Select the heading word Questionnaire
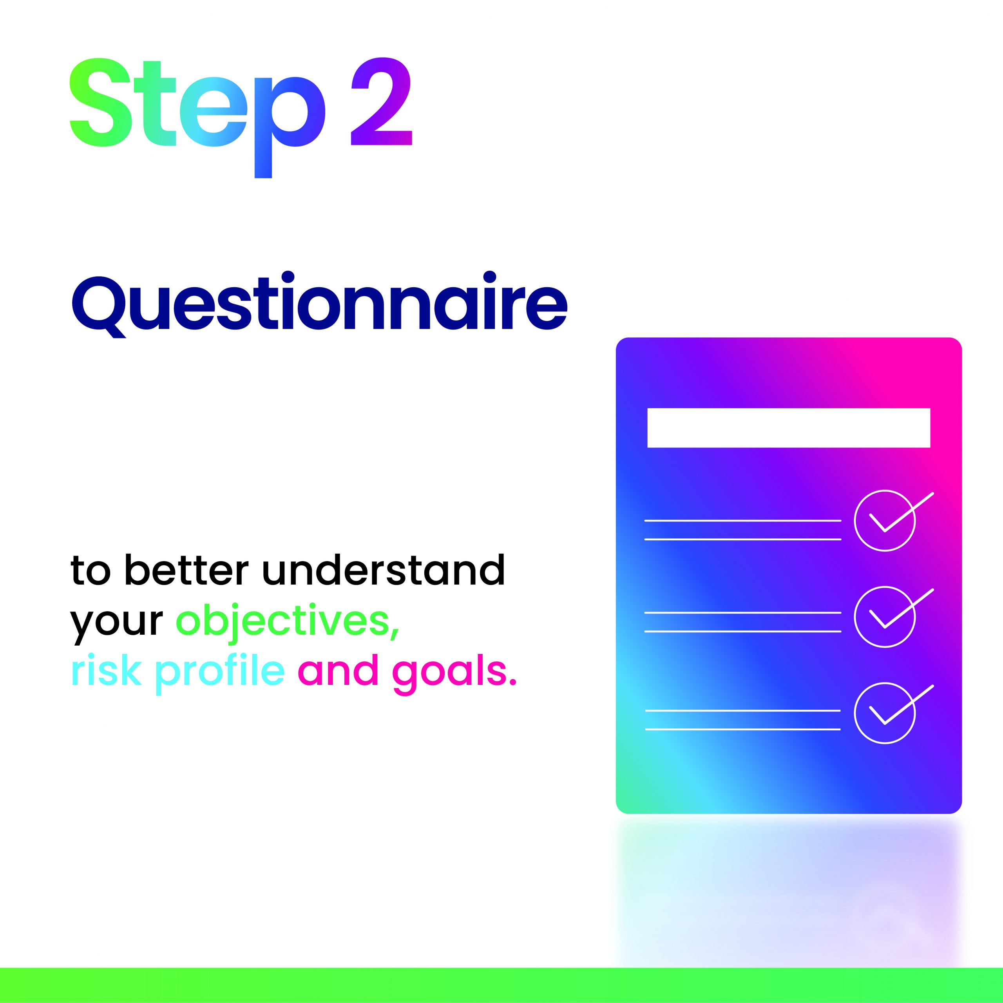point(319,305)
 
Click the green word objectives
point(288,620)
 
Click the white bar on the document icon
point(789,428)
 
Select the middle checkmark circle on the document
point(885,617)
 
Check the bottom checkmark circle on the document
point(885,713)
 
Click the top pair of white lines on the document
point(743,530)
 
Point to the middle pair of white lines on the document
point(743,622)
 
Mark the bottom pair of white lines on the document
point(743,720)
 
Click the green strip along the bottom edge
point(501,985)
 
